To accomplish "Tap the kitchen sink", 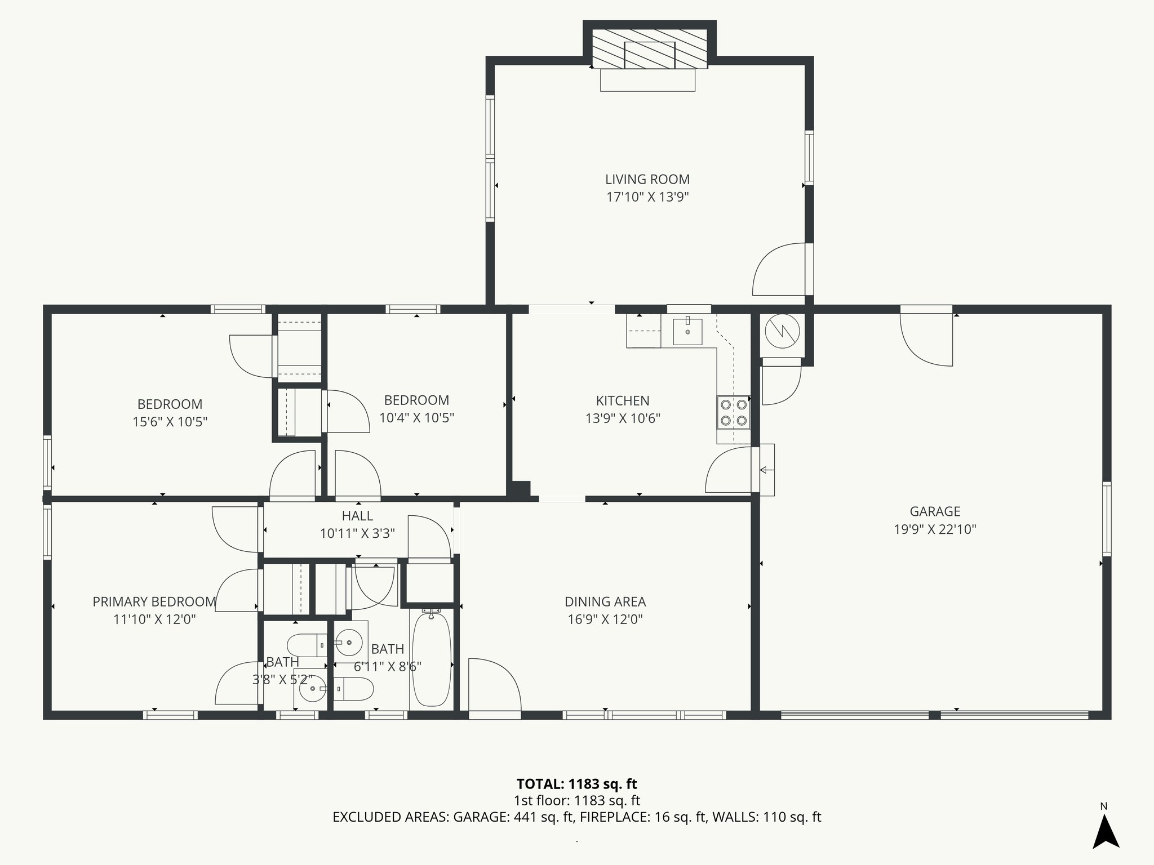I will [687, 332].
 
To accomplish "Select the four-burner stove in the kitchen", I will [733, 412].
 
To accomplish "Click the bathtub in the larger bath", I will [431, 659].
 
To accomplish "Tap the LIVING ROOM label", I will [647, 180].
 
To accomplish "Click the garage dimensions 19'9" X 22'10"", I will [935, 529].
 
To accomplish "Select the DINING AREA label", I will [605, 602].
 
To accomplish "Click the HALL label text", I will [357, 516].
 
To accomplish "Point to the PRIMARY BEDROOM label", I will [154, 602].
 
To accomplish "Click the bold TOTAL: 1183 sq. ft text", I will [576, 784].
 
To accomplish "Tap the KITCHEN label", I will [623, 401].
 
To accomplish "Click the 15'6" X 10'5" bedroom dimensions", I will [170, 422].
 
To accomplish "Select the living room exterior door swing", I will [780, 270].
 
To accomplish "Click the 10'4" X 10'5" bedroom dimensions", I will [416, 418].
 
